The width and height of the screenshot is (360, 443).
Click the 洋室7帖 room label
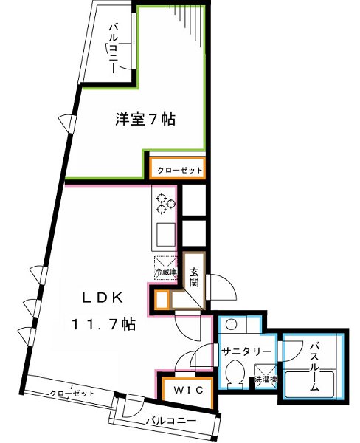coord(145,119)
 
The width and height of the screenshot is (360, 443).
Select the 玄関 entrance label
coord(193,278)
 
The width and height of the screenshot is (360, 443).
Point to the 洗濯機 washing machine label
coord(264,380)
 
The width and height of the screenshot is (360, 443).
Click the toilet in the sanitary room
coord(235,374)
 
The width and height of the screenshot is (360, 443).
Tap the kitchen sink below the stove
coord(165,234)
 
